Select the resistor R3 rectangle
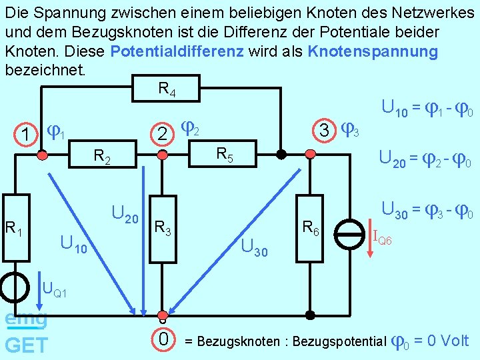[161, 230]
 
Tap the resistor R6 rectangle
[310, 229]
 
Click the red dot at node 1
[42, 155]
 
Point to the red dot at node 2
[160, 155]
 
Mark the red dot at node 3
[310, 155]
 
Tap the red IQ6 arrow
[371, 233]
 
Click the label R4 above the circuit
[167, 88]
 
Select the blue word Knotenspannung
[373, 52]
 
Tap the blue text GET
[26, 345]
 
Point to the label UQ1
[54, 289]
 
